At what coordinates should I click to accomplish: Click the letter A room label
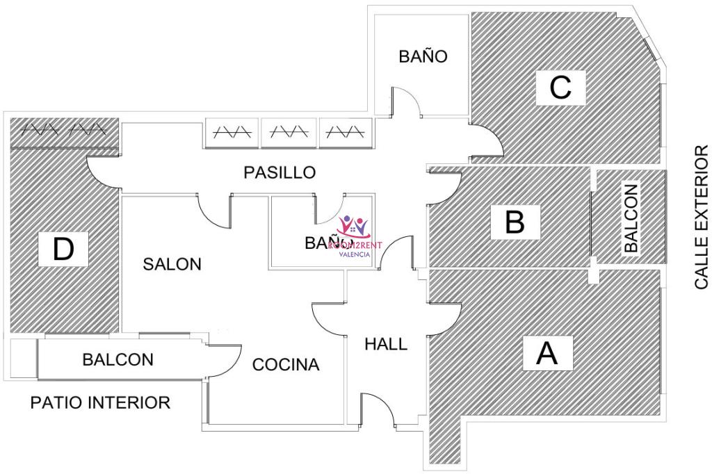tap(548, 353)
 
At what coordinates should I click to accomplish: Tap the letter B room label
tap(514, 222)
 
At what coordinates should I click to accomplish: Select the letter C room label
tap(560, 88)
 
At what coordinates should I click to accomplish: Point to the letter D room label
tap(63, 249)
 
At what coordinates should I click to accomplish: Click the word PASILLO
tap(280, 172)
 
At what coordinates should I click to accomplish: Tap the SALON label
tap(172, 264)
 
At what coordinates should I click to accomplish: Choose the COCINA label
tap(286, 364)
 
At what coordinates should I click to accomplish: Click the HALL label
tap(386, 343)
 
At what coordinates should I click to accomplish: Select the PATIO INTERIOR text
tap(100, 402)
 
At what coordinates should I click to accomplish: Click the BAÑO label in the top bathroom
tap(423, 56)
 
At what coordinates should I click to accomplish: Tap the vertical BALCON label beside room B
tap(631, 217)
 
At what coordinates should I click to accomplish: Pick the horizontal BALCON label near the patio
tap(118, 360)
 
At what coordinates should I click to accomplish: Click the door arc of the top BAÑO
tap(407, 102)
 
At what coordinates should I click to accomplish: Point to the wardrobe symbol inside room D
tap(62, 129)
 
